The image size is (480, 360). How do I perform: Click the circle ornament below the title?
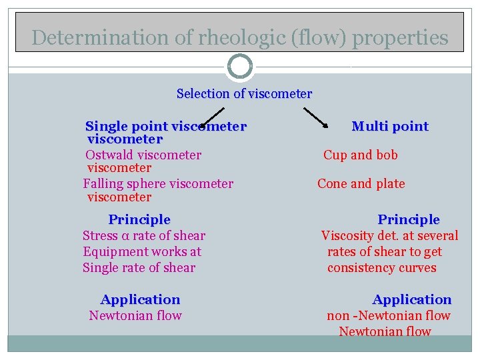240,67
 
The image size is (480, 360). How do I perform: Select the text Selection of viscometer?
244,94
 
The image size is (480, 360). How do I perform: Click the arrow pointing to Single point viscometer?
212,117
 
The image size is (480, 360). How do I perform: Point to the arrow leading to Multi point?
312,118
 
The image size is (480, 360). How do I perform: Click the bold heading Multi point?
390,127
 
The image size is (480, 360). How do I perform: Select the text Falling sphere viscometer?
158,184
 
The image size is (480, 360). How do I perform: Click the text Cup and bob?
361,155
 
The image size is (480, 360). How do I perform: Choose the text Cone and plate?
361,184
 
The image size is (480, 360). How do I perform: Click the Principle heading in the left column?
139,220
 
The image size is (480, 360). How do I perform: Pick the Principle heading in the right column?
409,220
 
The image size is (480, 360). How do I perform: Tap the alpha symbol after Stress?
125,236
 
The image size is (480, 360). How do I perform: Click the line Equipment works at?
142,252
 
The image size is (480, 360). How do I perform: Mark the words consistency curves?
382,268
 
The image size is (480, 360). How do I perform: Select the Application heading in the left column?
140,300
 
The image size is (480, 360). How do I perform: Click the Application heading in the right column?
411,300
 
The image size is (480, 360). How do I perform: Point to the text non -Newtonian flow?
389,316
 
